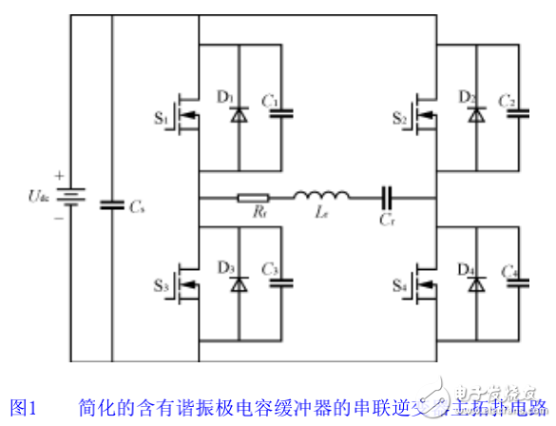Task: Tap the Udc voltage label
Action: click(36, 198)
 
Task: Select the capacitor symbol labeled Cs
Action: click(112, 202)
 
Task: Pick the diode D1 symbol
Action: click(238, 114)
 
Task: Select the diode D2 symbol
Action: click(474, 114)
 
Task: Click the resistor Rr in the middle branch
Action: click(253, 200)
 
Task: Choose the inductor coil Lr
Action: click(321, 198)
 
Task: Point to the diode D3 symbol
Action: click(238, 285)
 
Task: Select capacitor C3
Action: click(280, 282)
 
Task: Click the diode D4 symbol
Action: click(474, 285)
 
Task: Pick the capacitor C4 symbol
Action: click(518, 282)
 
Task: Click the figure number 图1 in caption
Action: click(21, 410)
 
